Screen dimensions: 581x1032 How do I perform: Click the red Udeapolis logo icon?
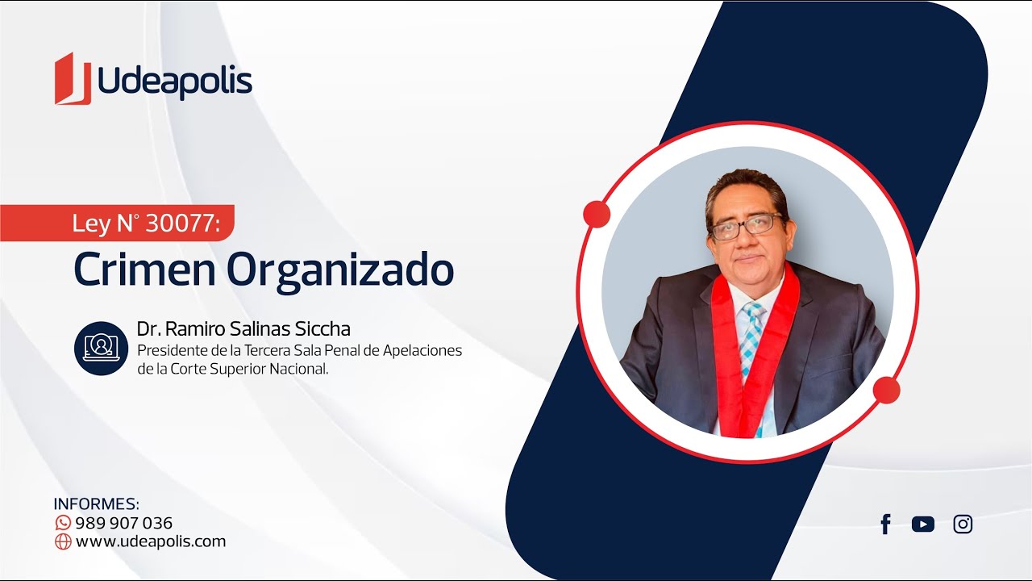pos(73,79)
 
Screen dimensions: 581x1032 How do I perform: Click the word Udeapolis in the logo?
pos(175,81)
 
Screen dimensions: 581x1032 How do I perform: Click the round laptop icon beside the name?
pos(101,348)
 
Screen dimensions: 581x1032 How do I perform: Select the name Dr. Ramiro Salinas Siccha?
pos(243,328)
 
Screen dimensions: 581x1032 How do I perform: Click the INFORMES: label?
pos(96,504)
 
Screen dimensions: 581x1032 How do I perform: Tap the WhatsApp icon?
pos(63,523)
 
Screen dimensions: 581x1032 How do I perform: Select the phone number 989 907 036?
pos(124,523)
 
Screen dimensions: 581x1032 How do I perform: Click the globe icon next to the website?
pos(63,541)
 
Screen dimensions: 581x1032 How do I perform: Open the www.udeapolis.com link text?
pos(151,541)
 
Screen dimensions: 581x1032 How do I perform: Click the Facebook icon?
pos(885,525)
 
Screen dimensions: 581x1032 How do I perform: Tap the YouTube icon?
pos(923,525)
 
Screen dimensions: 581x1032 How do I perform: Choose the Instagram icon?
pos(963,525)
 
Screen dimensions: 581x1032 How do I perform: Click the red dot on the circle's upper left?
pos(597,214)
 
